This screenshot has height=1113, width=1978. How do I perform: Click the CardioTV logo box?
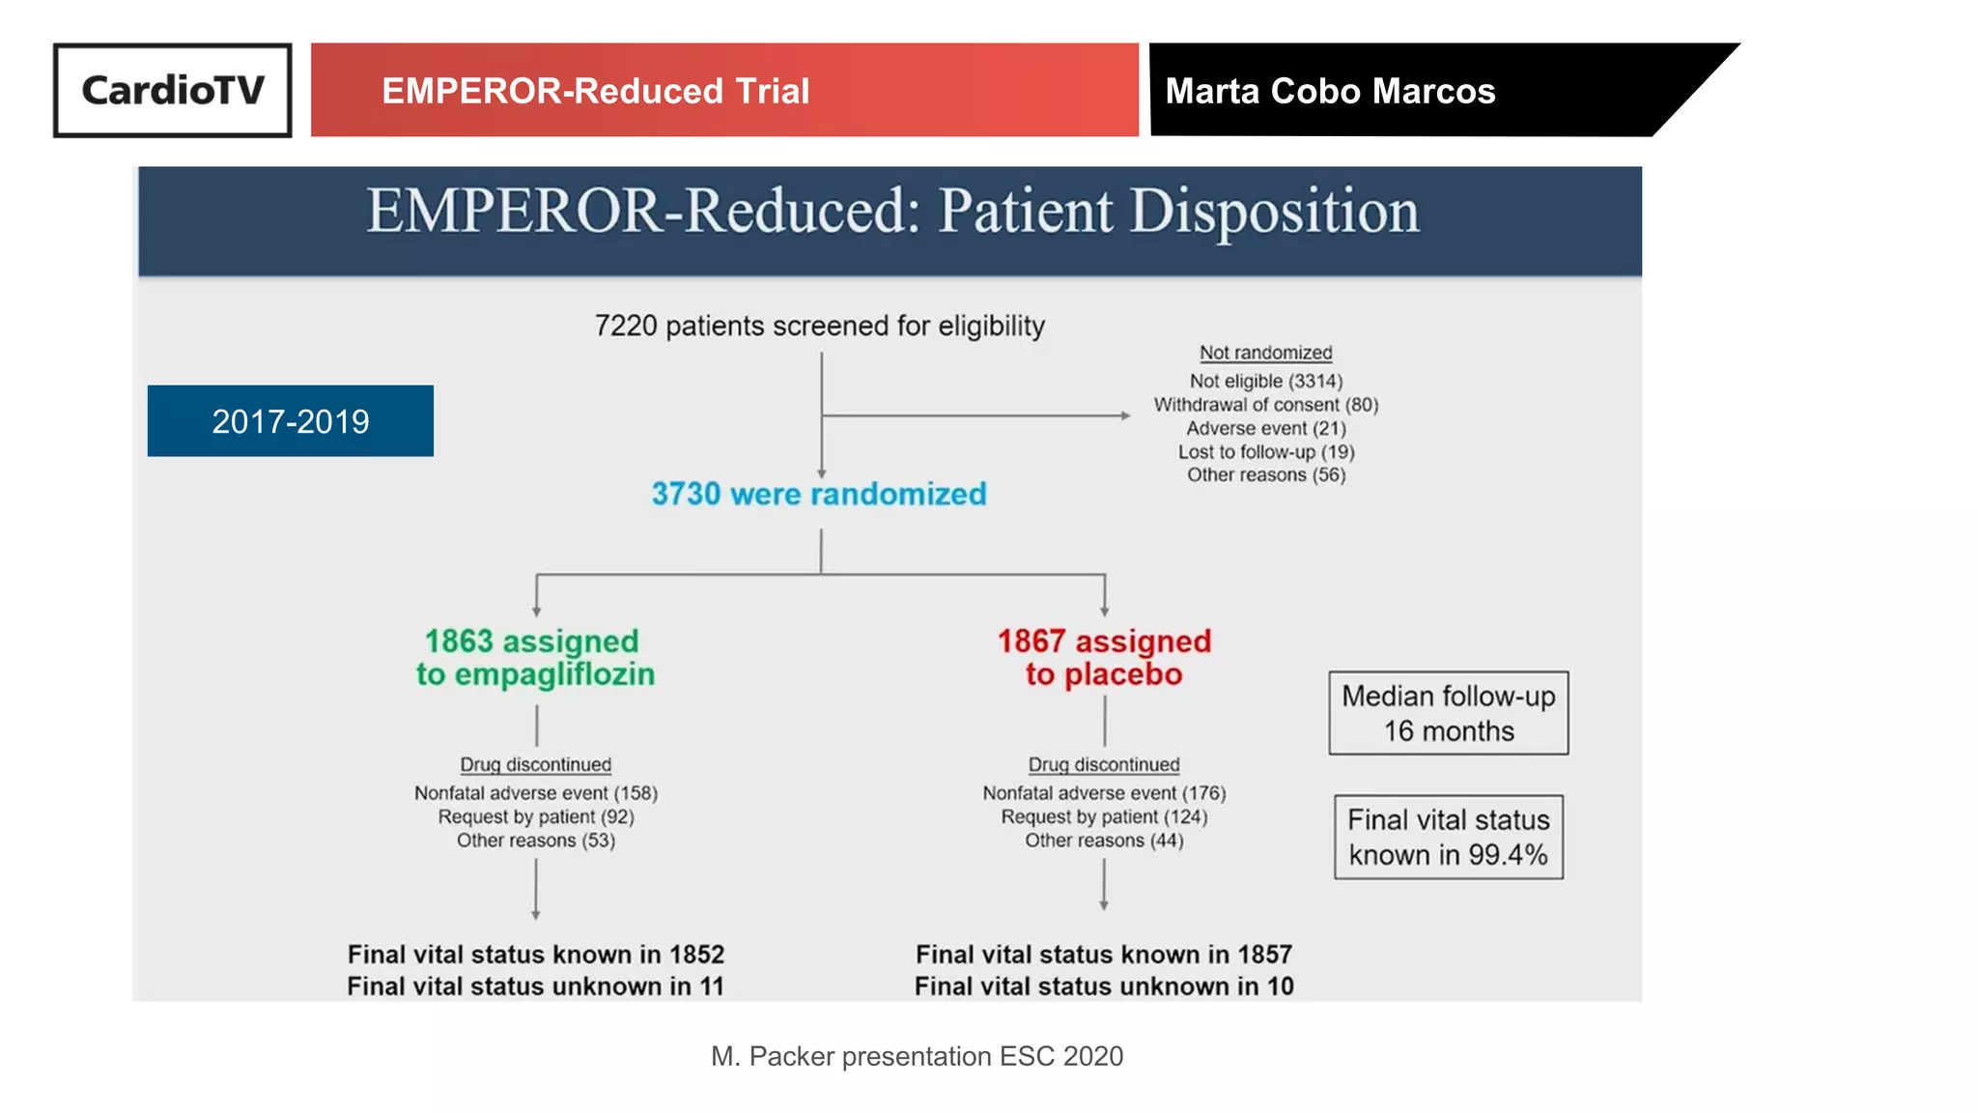point(173,90)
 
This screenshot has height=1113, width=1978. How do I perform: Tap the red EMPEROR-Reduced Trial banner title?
point(595,91)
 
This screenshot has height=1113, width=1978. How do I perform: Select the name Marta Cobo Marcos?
point(1330,91)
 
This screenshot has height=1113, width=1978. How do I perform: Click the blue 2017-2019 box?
point(291,421)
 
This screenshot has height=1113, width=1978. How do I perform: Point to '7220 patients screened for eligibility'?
point(819,326)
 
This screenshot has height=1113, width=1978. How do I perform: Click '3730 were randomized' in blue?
point(819,494)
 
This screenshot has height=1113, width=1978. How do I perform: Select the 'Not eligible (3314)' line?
point(1265,381)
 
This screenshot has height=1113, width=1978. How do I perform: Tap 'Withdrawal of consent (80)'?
point(1265,405)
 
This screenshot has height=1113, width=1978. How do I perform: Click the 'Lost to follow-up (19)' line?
point(1265,451)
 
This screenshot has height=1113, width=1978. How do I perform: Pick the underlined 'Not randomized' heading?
point(1265,353)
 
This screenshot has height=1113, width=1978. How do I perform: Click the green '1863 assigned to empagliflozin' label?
point(535,657)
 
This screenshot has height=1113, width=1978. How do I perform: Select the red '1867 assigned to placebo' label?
point(1104,657)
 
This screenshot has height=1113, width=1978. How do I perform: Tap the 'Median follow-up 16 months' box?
point(1448,713)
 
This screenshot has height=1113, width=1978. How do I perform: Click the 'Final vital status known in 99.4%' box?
point(1448,837)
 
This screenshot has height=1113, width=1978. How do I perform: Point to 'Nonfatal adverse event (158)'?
point(536,793)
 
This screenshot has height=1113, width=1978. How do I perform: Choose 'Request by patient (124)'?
point(1104,816)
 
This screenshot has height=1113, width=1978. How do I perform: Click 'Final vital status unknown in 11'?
point(535,986)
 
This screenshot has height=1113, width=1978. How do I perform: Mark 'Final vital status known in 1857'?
point(1104,955)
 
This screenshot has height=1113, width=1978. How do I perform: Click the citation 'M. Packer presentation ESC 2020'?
point(917,1056)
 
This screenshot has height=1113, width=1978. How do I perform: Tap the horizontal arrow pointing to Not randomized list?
point(975,415)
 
